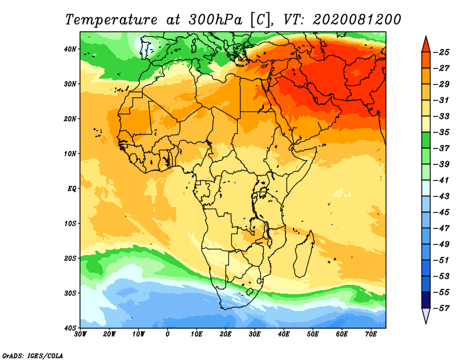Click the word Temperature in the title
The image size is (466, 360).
tap(111, 20)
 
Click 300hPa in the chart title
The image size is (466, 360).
tap(215, 20)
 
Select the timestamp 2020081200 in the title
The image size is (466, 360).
tap(357, 20)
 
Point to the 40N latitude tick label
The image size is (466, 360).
tap(70, 49)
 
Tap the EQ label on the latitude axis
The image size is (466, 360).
tap(72, 189)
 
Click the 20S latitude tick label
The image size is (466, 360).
tap(70, 258)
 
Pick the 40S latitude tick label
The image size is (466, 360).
tap(70, 328)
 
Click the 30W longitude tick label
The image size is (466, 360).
tap(80, 334)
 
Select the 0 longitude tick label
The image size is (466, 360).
tap(168, 334)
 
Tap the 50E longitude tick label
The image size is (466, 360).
tap(313, 334)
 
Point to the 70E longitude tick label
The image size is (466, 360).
tap(371, 334)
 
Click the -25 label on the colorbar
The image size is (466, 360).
tap(442, 52)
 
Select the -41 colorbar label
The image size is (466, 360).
tap(442, 180)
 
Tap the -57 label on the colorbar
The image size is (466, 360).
tap(442, 308)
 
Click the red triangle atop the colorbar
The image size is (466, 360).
tap(426, 45)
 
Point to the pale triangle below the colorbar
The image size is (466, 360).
tap(426, 315)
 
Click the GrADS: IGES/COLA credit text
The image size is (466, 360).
tap(33, 355)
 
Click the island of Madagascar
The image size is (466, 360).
tap(304, 255)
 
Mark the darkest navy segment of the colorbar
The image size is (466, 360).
tap(426, 300)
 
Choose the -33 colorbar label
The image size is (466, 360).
tap(442, 117)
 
